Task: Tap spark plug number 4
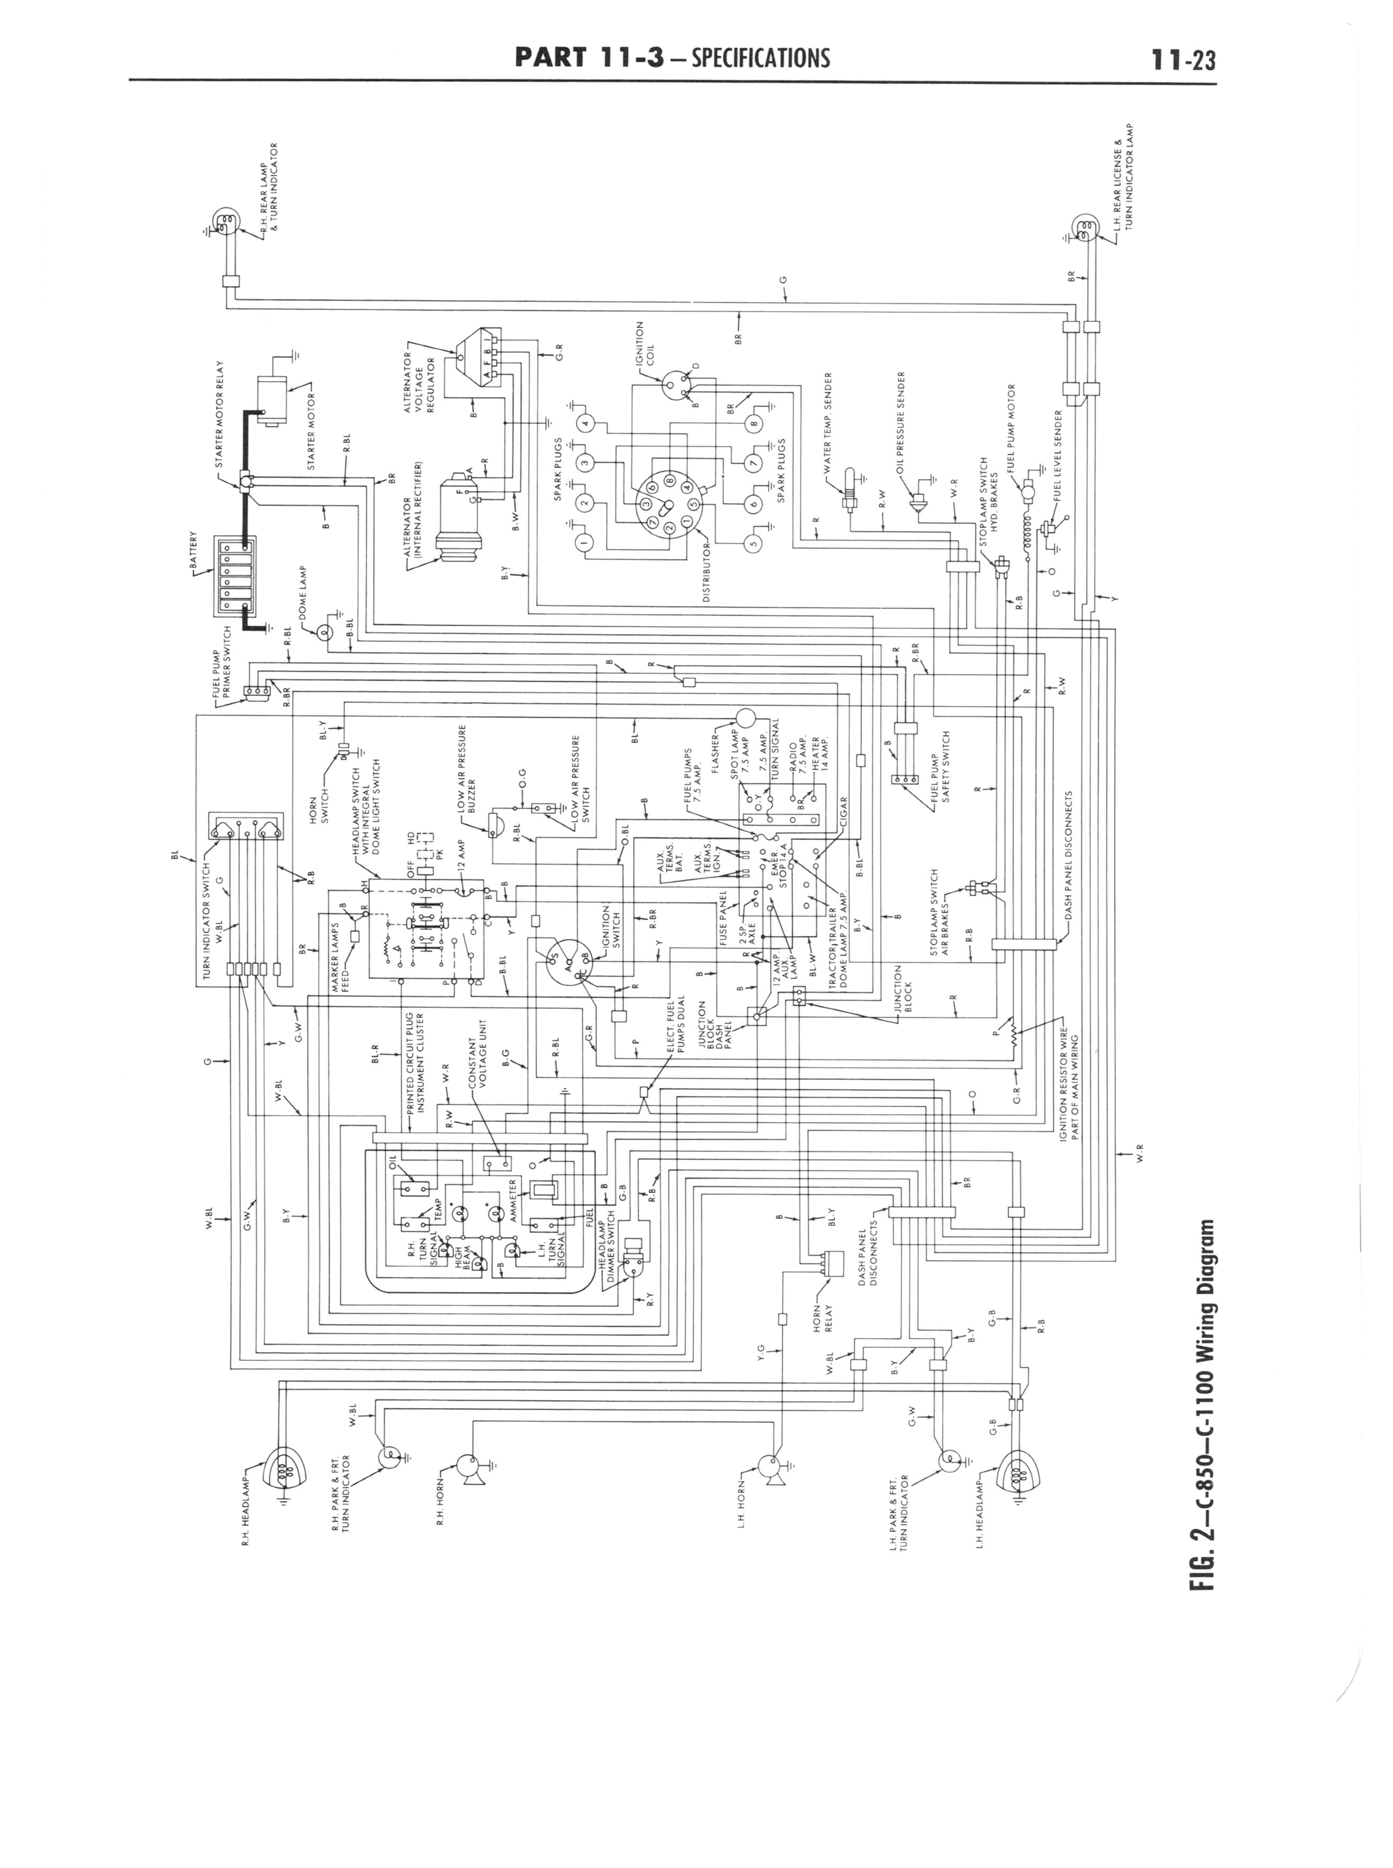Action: pyautogui.click(x=587, y=423)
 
